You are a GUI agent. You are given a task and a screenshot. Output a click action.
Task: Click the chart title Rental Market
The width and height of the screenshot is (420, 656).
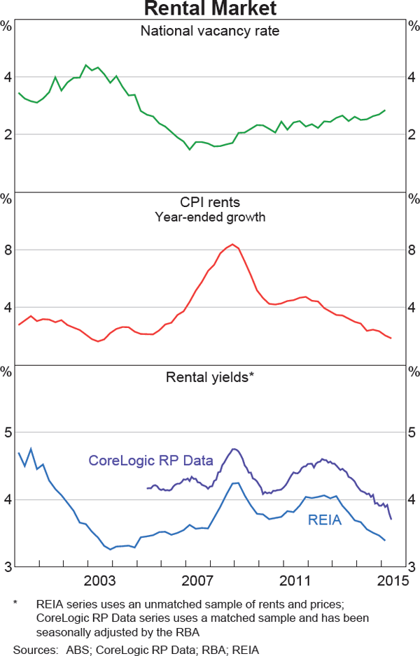click(x=210, y=8)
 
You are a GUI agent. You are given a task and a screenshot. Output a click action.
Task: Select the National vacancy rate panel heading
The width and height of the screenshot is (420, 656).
click(x=210, y=31)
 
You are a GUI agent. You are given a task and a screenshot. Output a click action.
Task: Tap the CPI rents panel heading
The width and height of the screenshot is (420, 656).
click(x=210, y=203)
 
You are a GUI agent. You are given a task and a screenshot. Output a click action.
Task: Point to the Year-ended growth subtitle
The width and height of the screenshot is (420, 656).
click(x=210, y=217)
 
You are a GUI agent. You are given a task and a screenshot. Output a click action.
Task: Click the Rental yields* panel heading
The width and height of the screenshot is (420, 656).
click(x=210, y=378)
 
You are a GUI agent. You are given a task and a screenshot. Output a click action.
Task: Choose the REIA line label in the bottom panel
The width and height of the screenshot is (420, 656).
click(x=325, y=520)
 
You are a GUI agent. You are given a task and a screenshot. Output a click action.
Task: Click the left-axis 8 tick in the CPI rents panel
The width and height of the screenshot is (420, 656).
click(x=8, y=250)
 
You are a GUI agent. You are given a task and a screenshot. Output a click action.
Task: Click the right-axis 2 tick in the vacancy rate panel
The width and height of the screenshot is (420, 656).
click(x=412, y=134)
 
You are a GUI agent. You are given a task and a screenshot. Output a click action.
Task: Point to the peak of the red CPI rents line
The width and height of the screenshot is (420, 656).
click(x=233, y=244)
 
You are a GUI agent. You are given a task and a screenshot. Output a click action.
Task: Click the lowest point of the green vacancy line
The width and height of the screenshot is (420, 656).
click(x=189, y=149)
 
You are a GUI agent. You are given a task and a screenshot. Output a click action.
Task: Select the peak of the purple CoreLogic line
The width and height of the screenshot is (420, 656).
click(x=234, y=449)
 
